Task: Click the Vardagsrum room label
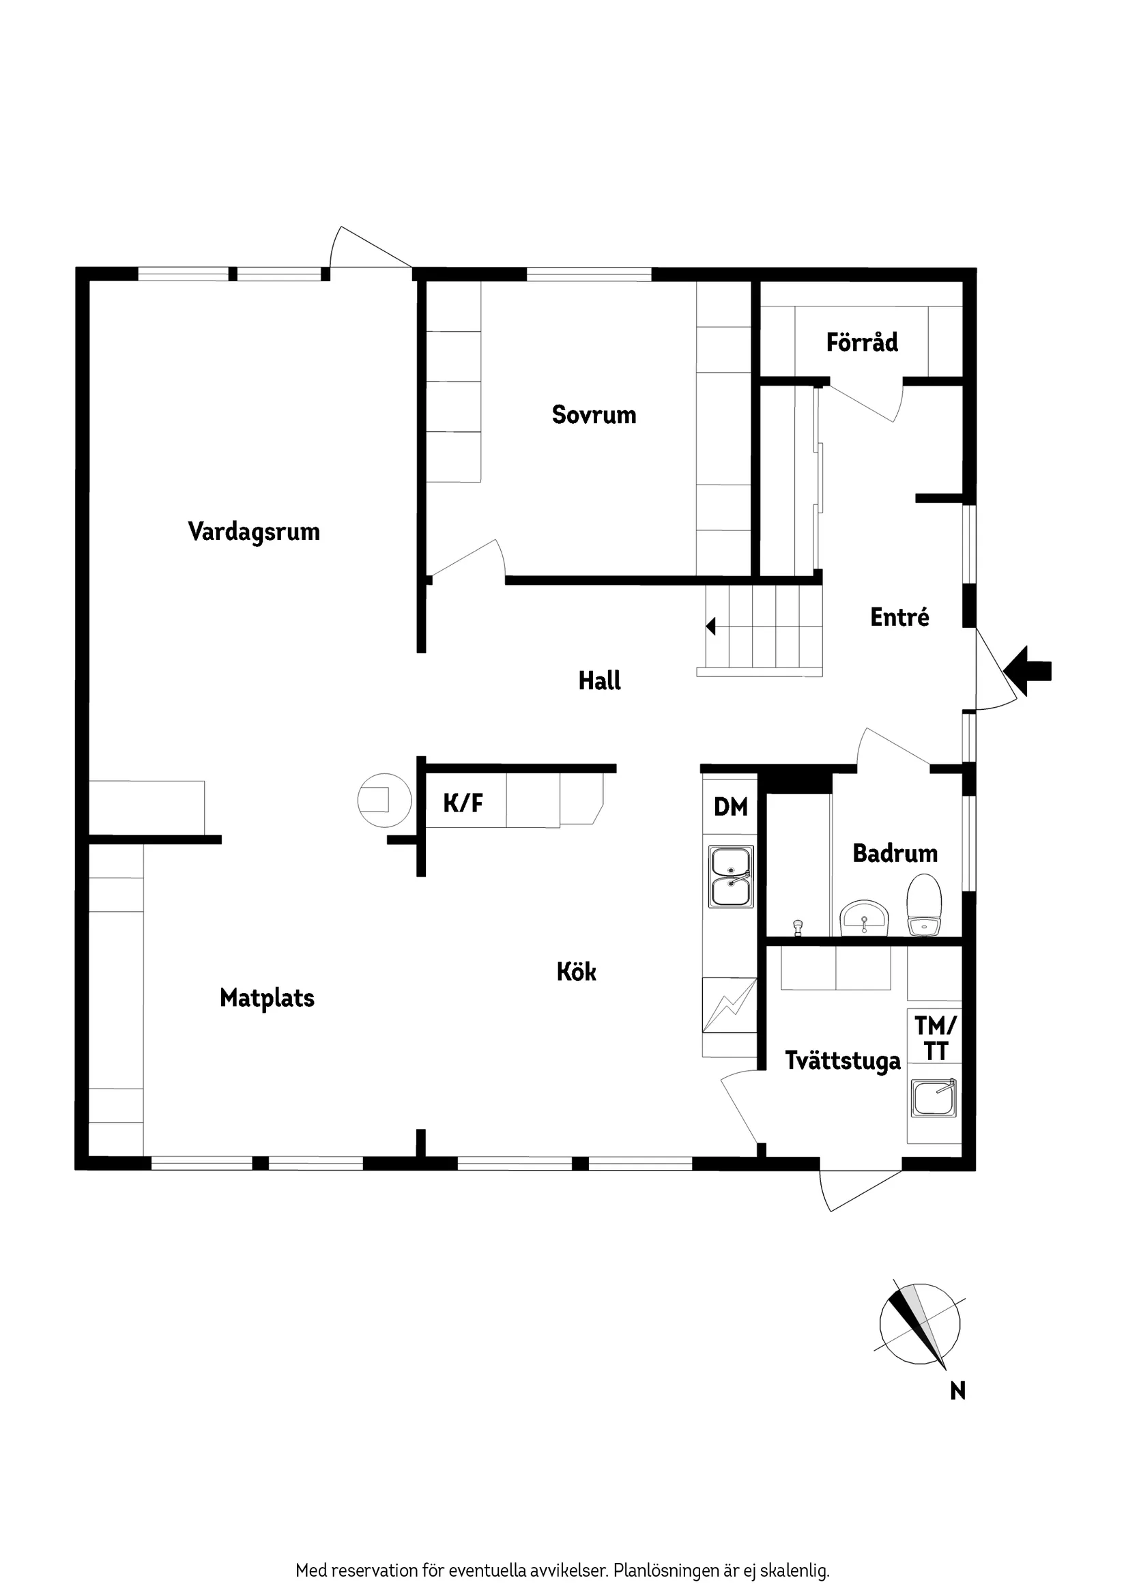pyautogui.click(x=254, y=532)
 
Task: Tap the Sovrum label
pyautogui.click(x=594, y=415)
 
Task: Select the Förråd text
pyautogui.click(x=862, y=342)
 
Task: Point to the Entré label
pyautogui.click(x=899, y=617)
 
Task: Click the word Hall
pyautogui.click(x=599, y=680)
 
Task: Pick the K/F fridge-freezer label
pyautogui.click(x=463, y=803)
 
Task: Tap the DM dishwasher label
pyautogui.click(x=731, y=807)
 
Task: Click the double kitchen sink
pyautogui.click(x=731, y=877)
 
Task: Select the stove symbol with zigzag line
pyautogui.click(x=729, y=1005)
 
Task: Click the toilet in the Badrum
pyautogui.click(x=923, y=905)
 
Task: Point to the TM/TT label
pyautogui.click(x=935, y=1038)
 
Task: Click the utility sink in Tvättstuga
pyautogui.click(x=933, y=1097)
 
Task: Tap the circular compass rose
pyautogui.click(x=920, y=1324)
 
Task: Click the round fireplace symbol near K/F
pyautogui.click(x=384, y=800)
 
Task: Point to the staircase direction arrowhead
pyautogui.click(x=710, y=627)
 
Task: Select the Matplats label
pyautogui.click(x=267, y=999)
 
